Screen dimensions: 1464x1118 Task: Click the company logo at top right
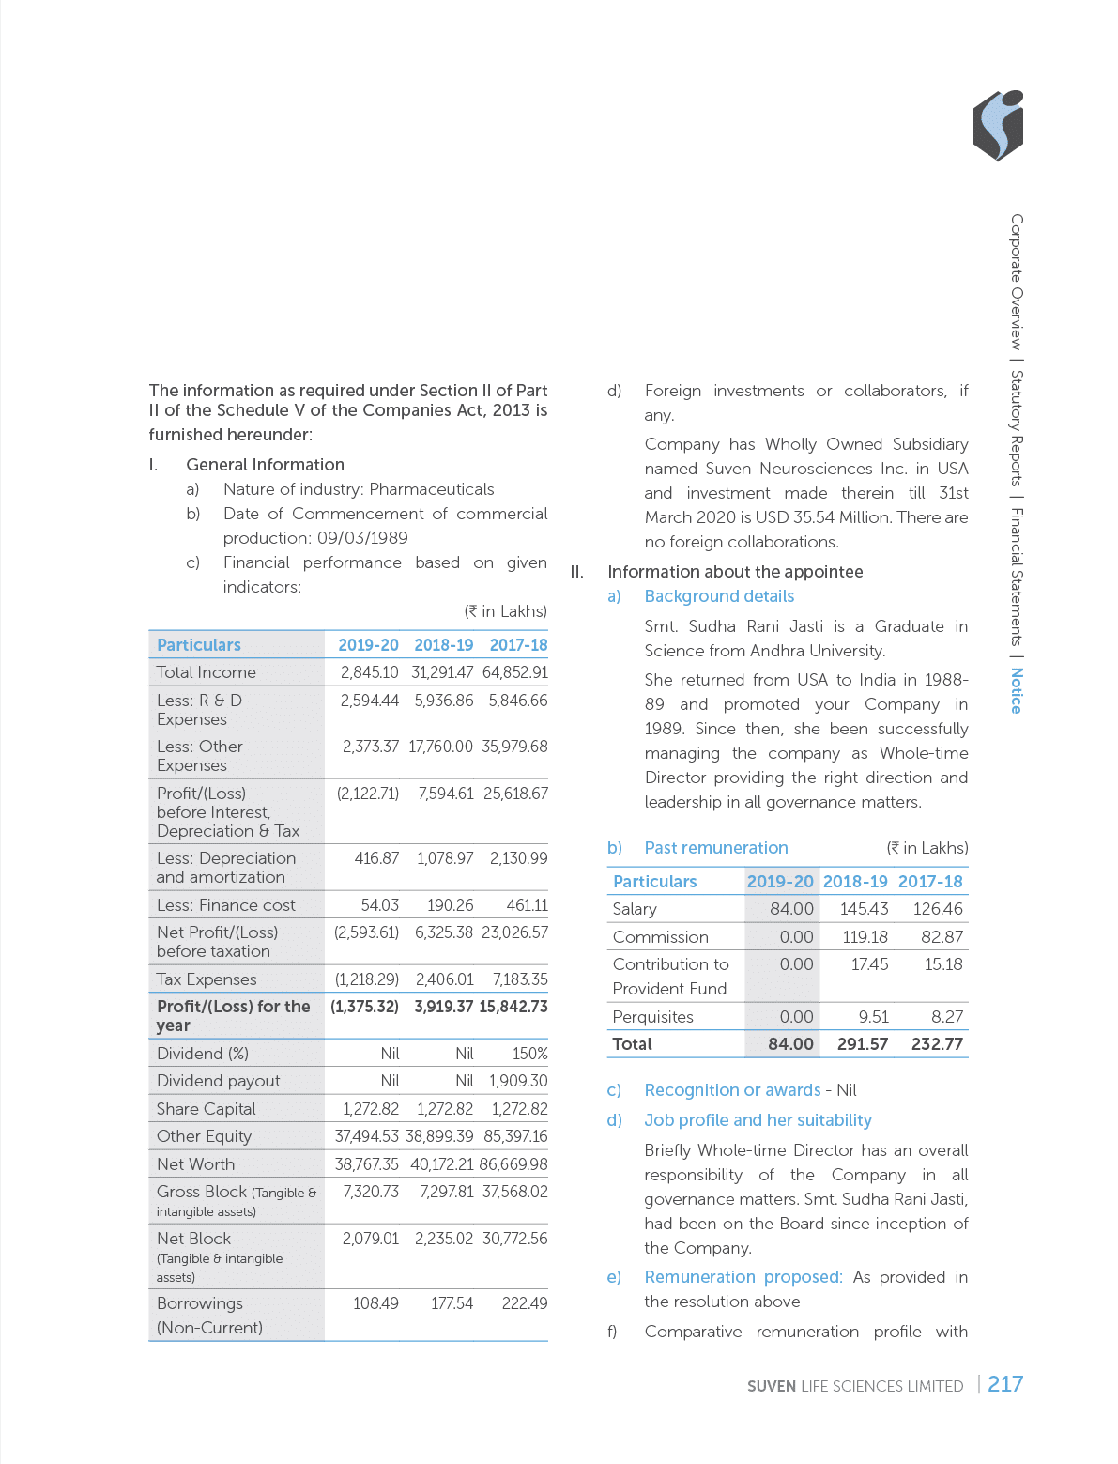(999, 127)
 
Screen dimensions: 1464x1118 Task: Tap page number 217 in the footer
(1004, 1384)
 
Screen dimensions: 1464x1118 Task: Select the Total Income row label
(207, 672)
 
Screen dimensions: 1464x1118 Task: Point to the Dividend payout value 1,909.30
(518, 1081)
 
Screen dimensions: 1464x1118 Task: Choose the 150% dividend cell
(529, 1054)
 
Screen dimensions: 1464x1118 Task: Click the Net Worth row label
(196, 1164)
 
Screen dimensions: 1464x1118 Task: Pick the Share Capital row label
(207, 1109)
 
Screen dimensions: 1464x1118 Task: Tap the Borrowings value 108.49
(375, 1303)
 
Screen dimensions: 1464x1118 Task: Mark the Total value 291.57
(862, 1044)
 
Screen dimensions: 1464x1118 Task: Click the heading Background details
(719, 596)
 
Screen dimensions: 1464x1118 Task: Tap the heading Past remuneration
(716, 848)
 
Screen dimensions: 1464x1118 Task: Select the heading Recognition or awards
(732, 1090)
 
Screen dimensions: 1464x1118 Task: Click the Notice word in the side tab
(1016, 690)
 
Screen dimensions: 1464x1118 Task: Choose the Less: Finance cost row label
(226, 905)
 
